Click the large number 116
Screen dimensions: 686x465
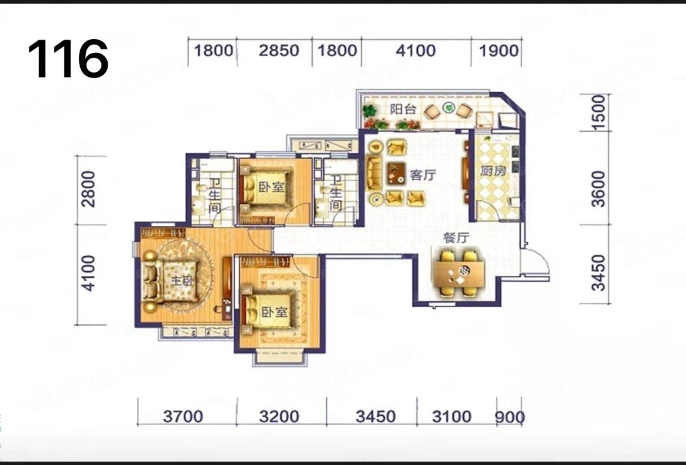click(x=68, y=58)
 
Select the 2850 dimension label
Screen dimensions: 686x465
click(x=279, y=50)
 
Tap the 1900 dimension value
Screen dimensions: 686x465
click(x=498, y=51)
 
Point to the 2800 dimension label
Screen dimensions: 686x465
click(x=88, y=189)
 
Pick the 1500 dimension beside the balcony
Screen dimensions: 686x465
click(x=598, y=112)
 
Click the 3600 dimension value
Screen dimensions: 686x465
click(x=598, y=189)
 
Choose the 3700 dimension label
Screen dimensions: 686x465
click(x=183, y=416)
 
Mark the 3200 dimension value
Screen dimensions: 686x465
click(x=279, y=416)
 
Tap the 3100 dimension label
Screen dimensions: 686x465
click(x=451, y=416)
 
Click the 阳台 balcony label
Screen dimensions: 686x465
click(x=403, y=109)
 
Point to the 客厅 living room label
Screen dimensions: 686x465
click(x=423, y=175)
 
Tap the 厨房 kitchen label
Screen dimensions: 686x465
click(x=493, y=171)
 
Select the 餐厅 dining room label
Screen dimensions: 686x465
click(x=456, y=238)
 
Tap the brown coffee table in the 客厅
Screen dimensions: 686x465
click(x=397, y=173)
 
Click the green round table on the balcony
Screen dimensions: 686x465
click(x=448, y=107)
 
